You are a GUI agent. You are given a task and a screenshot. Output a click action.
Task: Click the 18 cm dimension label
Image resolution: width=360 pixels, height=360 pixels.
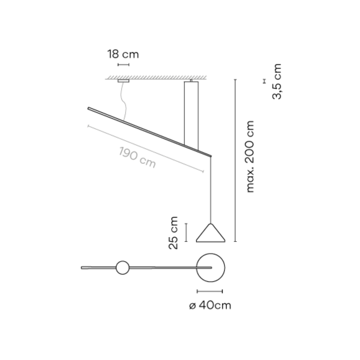point(123,54)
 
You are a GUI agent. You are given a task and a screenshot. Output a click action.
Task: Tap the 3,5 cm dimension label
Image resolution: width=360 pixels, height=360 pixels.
point(277,82)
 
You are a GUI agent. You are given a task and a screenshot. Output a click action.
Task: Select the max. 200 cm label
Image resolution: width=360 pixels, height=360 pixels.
point(250,157)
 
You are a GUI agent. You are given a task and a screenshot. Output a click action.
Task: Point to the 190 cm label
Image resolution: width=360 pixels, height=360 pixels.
point(137,157)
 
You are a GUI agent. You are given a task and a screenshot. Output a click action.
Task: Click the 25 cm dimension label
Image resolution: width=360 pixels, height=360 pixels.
point(173,233)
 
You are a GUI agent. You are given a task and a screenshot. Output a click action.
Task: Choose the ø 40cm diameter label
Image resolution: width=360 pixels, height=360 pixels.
point(210,305)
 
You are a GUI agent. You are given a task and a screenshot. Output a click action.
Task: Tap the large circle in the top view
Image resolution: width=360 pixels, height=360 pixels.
point(211,253)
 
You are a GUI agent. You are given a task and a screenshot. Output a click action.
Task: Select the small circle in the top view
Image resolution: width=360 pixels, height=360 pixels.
point(123,261)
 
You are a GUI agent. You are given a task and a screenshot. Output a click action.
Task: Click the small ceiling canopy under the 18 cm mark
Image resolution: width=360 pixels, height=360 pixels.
point(124,81)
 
